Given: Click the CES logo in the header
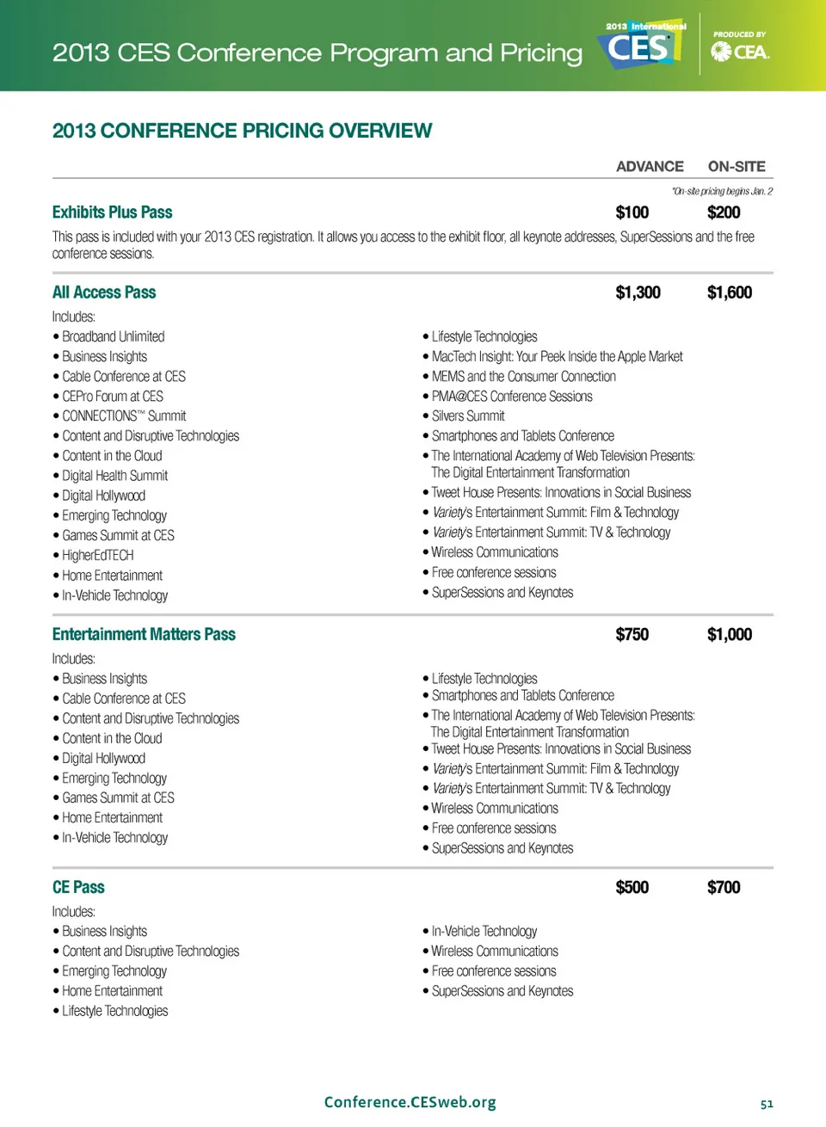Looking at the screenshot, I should tap(641, 46).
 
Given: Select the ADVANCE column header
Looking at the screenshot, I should tap(650, 167).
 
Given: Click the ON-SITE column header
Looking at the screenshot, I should tap(737, 167).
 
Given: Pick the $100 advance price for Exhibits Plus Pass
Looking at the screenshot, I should tap(632, 212).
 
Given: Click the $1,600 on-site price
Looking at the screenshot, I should tap(730, 293).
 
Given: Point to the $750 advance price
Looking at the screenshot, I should tap(632, 635).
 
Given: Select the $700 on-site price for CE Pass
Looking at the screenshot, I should tap(724, 888).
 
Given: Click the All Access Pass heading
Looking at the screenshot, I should tap(104, 293).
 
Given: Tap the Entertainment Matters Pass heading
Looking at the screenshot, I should tap(144, 635).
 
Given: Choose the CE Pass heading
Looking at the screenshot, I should tap(78, 888).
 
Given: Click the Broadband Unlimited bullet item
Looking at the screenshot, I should tap(113, 337).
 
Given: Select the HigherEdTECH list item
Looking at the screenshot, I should tap(97, 556).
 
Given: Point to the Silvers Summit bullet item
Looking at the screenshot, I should tap(468, 416).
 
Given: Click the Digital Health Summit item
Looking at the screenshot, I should tap(114, 476).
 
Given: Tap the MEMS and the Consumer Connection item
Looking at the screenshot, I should tap(523, 377).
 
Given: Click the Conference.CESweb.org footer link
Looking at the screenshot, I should tap(410, 1103).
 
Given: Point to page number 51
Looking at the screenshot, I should tap(767, 1104).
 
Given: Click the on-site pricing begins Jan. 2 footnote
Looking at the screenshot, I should tap(722, 192).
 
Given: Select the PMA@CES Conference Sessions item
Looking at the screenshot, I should tap(512, 397).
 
